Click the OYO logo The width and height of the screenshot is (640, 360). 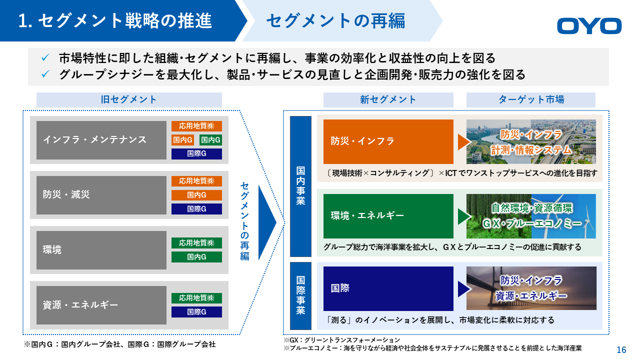point(589,25)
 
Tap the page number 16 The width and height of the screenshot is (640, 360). point(621,349)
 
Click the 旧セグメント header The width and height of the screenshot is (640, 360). point(129,99)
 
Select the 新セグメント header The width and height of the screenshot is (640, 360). point(388,99)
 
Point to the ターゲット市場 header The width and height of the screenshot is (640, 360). point(531,99)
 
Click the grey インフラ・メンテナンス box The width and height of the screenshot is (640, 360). point(101,140)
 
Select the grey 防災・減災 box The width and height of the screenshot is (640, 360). point(101,195)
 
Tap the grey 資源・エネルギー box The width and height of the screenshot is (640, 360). point(101,305)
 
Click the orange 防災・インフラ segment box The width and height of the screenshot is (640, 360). point(388,141)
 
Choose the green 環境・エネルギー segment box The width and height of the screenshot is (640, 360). point(388,216)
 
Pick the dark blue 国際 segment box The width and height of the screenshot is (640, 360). point(388,288)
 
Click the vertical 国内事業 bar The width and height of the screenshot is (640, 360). point(300,186)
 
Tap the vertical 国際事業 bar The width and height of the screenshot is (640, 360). point(300,295)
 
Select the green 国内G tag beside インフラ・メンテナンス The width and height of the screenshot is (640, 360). point(210,139)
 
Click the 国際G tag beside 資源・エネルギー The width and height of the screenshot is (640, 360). point(196,312)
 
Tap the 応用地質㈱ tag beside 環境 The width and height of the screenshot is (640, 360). point(196,243)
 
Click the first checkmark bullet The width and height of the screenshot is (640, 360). point(45,57)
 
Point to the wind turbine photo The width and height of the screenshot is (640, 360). point(563,216)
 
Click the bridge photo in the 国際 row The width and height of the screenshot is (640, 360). point(531,288)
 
